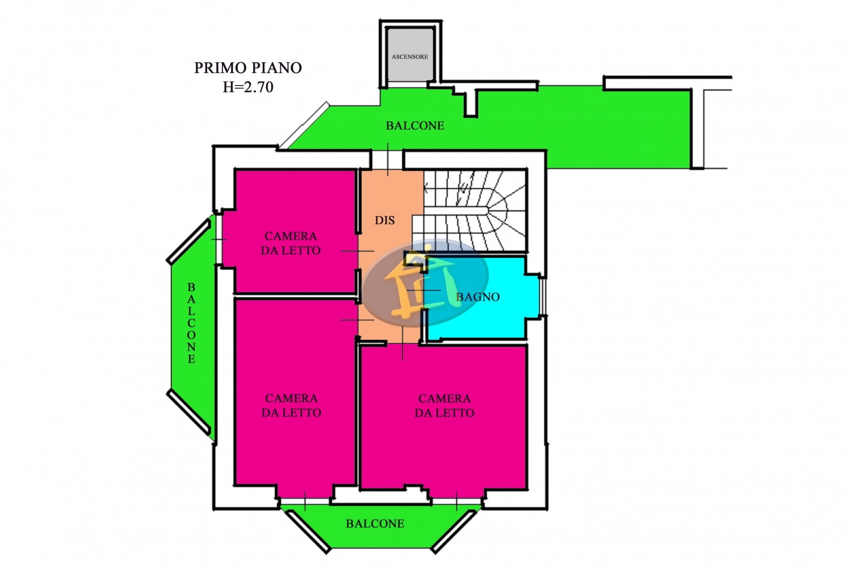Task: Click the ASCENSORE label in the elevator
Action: (x=410, y=57)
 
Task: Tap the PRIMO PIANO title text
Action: (x=248, y=68)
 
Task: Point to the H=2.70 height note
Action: (x=248, y=87)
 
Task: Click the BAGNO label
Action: (x=478, y=297)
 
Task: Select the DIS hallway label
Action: (x=385, y=220)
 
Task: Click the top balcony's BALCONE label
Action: (x=415, y=126)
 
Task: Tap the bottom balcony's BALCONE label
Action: (x=375, y=524)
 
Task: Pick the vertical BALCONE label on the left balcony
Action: (x=191, y=323)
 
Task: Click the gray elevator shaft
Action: (x=410, y=54)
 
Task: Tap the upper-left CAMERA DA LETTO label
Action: (x=291, y=243)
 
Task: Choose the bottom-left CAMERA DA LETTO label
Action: (x=291, y=405)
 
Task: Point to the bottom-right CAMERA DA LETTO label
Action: (x=444, y=406)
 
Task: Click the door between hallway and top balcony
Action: (x=387, y=160)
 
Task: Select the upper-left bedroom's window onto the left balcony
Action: (x=218, y=239)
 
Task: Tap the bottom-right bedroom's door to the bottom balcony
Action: (x=457, y=501)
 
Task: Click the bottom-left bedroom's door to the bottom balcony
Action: (x=305, y=501)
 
